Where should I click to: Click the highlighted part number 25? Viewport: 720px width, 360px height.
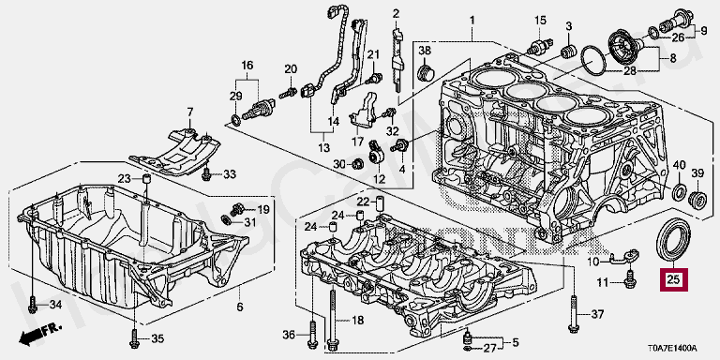pyautogui.click(x=674, y=279)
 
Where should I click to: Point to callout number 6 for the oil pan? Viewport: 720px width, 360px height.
pyautogui.click(x=239, y=307)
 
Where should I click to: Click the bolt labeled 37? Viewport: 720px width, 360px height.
pyautogui.click(x=573, y=313)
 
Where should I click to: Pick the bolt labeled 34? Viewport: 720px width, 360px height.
pyautogui.click(x=32, y=304)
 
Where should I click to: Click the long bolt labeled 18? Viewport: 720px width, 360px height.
pyautogui.click(x=332, y=317)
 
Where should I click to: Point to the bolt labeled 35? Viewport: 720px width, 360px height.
pyautogui.click(x=135, y=337)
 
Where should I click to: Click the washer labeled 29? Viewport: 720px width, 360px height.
pyautogui.click(x=235, y=120)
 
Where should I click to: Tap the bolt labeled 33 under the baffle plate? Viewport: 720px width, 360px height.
pyautogui.click(x=206, y=173)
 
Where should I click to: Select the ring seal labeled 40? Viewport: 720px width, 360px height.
pyautogui.click(x=679, y=192)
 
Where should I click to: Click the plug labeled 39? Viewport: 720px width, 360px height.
pyautogui.click(x=697, y=201)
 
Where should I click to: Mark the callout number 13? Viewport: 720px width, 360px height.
pyautogui.click(x=323, y=147)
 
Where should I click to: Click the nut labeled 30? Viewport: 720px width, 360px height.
pyautogui.click(x=358, y=163)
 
